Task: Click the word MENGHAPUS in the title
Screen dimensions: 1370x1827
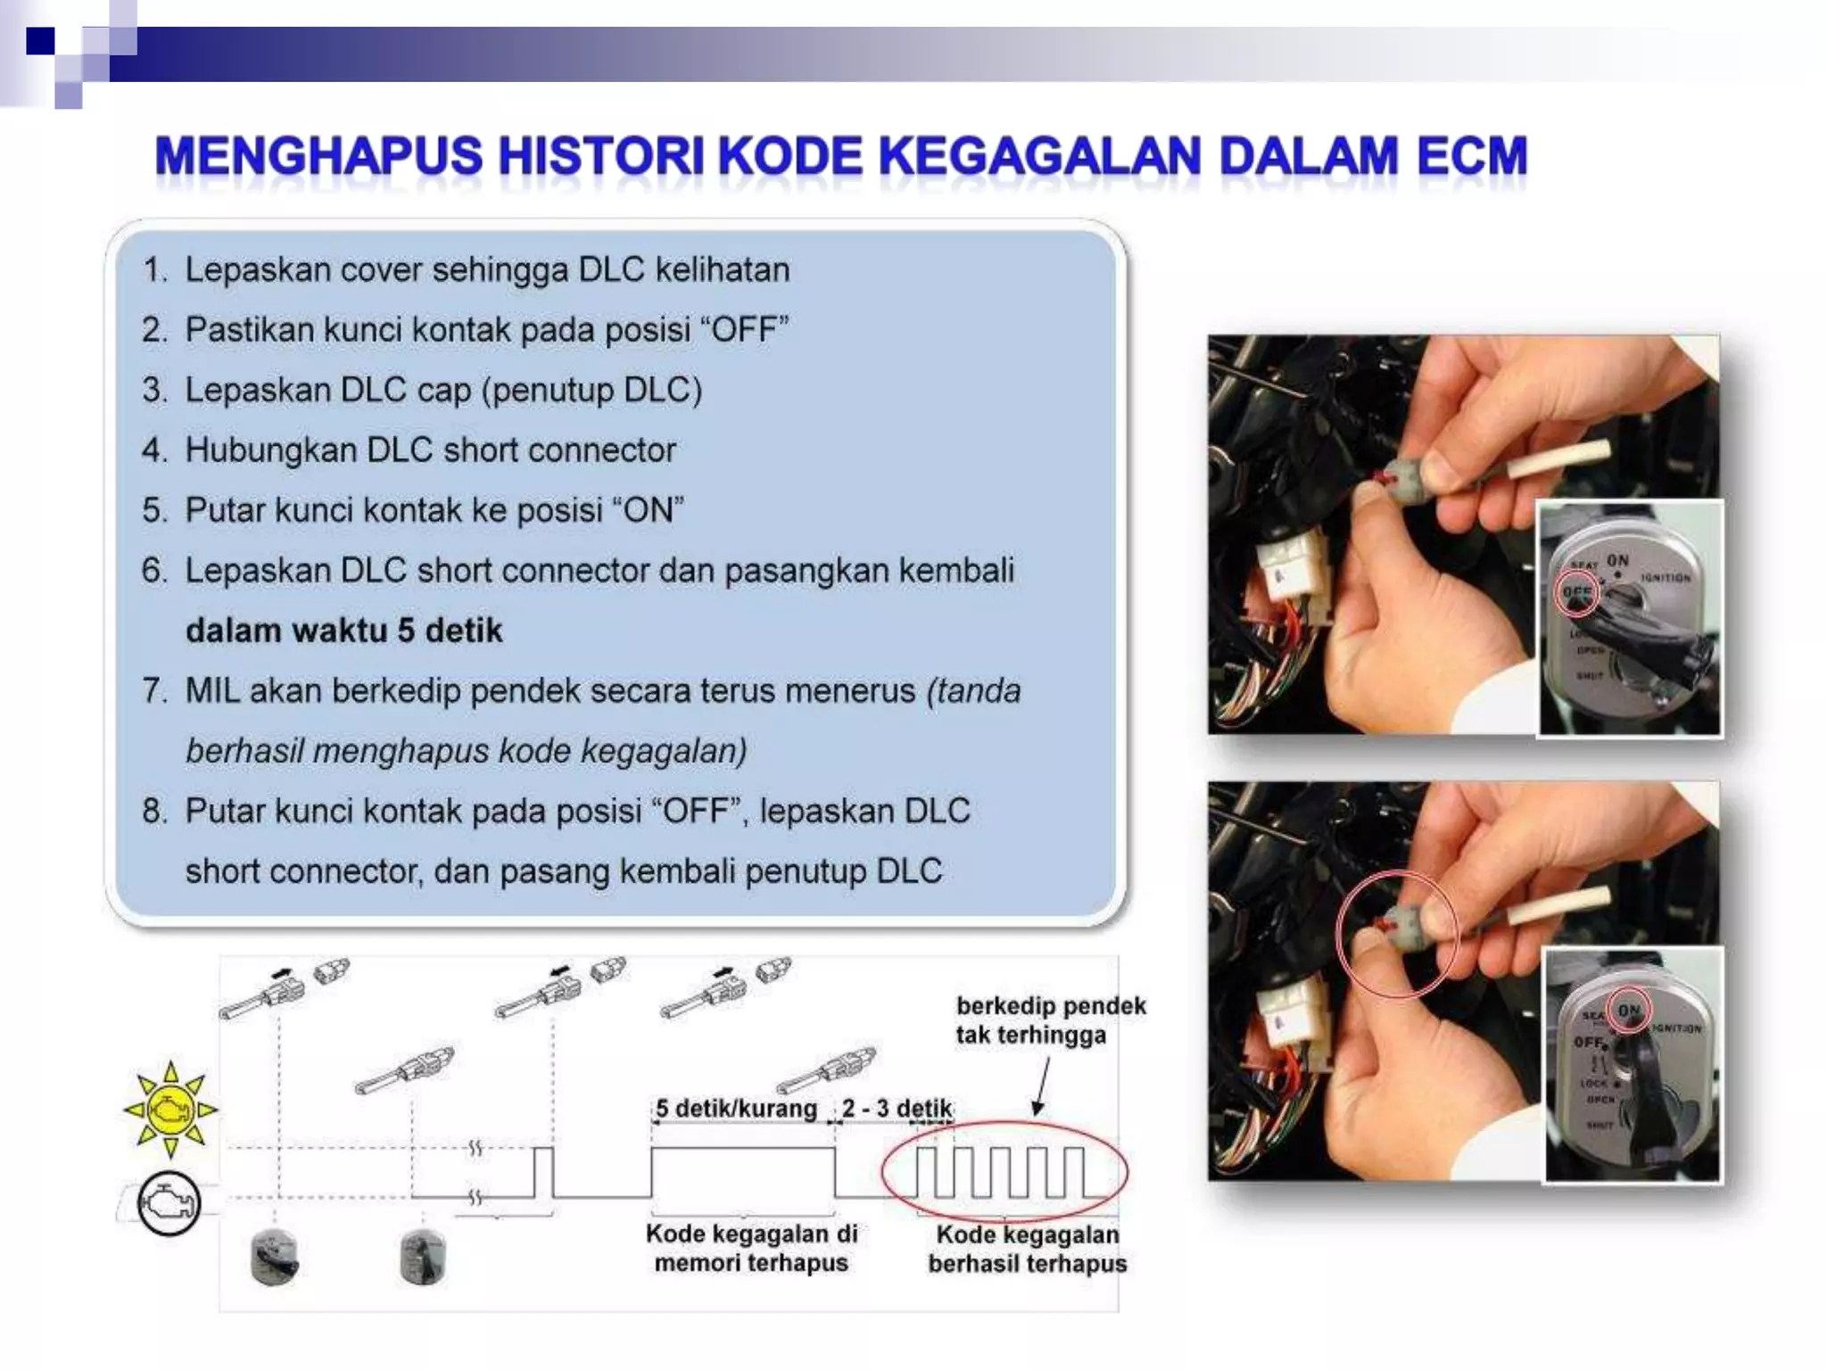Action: [x=318, y=156]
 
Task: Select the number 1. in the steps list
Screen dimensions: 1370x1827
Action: [x=154, y=269]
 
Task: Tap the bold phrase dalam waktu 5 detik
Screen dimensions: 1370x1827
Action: [x=343, y=631]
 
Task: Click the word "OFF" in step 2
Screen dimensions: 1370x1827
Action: [x=746, y=330]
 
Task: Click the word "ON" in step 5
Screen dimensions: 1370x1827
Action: [x=648, y=510]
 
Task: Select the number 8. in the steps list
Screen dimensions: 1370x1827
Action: [x=154, y=812]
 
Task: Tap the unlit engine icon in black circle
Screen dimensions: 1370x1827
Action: [x=169, y=1203]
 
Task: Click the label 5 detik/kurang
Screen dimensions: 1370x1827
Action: [x=736, y=1109]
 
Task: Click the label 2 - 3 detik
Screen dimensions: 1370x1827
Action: [x=897, y=1109]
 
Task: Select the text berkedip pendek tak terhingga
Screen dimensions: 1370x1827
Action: [x=1049, y=1020]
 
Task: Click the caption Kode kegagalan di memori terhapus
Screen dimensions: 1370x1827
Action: [x=751, y=1248]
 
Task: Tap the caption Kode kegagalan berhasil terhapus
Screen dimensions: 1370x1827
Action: [x=1027, y=1249]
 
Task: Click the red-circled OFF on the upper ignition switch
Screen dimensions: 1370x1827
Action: [x=1576, y=592]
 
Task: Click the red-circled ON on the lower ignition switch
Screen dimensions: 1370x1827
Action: [x=1629, y=1011]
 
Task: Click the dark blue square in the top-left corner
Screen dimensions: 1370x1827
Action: [x=40, y=41]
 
